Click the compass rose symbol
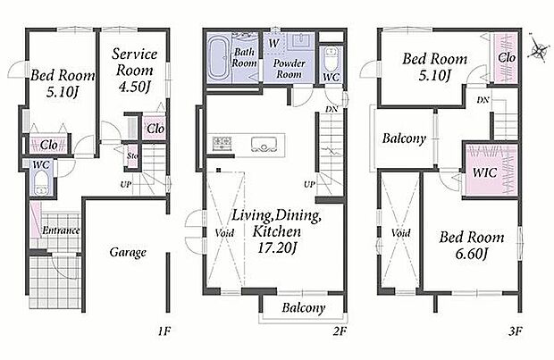pyautogui.click(x=539, y=49)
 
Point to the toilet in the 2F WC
pyautogui.click(x=331, y=60)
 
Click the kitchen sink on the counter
pyautogui.click(x=264, y=145)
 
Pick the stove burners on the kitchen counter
pyautogui.click(x=222, y=144)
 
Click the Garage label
pyautogui.click(x=128, y=253)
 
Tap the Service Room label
pyautogui.click(x=134, y=63)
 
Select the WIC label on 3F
pyautogui.click(x=484, y=172)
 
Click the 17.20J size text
pyautogui.click(x=277, y=248)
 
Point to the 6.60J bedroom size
pyautogui.click(x=471, y=254)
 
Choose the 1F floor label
pyautogui.click(x=164, y=331)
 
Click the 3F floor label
pyautogui.click(x=516, y=331)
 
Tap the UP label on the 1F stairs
pyautogui.click(x=126, y=184)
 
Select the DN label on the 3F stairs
pyautogui.click(x=483, y=100)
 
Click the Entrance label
pyautogui.click(x=61, y=230)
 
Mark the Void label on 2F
pyautogui.click(x=224, y=233)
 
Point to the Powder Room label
pyautogui.click(x=289, y=69)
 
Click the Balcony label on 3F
pyautogui.click(x=404, y=138)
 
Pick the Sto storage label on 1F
pyautogui.click(x=132, y=155)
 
